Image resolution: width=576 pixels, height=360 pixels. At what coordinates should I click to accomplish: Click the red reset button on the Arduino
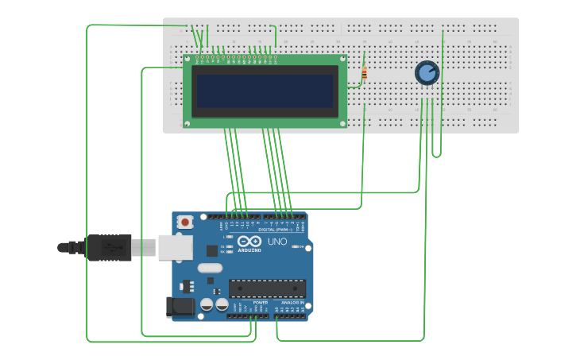tap(185, 223)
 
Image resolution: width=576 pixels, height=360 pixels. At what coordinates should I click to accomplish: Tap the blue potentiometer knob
tap(427, 73)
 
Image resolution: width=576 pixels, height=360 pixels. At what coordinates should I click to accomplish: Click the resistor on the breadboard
tap(364, 74)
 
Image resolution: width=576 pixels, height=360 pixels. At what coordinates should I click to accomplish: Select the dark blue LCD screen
tap(265, 91)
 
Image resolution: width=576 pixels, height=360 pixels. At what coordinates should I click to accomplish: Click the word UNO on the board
tap(277, 242)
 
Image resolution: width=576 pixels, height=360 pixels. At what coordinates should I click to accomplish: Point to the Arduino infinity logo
tap(249, 242)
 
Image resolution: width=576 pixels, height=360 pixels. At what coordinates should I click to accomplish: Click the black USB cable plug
tap(109, 247)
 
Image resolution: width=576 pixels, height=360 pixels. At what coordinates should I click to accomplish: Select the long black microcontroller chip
tap(267, 288)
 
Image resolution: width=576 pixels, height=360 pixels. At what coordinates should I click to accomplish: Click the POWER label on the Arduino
tap(260, 303)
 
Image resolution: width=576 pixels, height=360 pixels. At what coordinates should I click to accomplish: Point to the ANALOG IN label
tap(291, 303)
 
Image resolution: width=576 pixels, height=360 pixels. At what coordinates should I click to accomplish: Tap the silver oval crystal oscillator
tap(210, 268)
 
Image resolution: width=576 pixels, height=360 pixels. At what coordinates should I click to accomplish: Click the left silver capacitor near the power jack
tap(207, 304)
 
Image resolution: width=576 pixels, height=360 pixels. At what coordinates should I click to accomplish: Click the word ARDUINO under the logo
tap(249, 250)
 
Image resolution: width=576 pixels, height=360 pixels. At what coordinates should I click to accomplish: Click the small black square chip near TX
tap(212, 250)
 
